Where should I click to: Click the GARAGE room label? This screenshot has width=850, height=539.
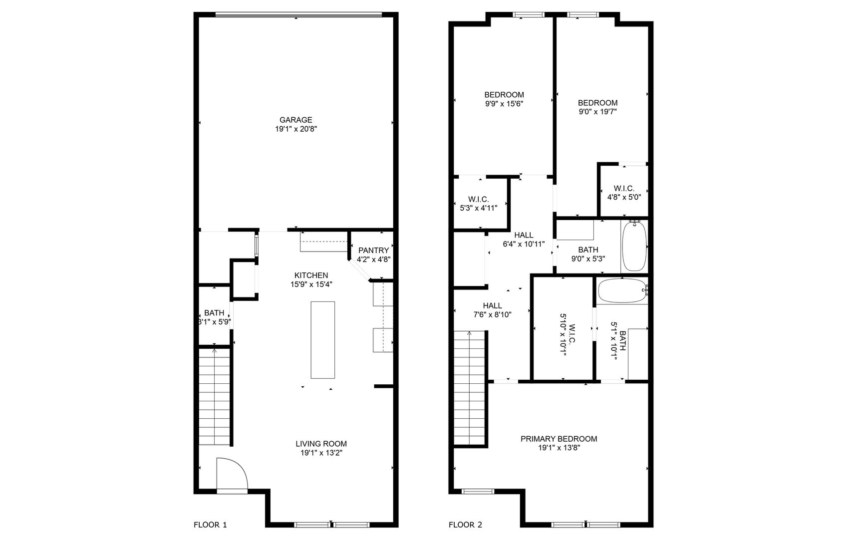click(x=295, y=120)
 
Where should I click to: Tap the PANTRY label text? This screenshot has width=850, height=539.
click(x=373, y=251)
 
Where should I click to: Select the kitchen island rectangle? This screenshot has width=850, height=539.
click(x=323, y=340)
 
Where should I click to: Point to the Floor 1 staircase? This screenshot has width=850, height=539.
click(x=215, y=397)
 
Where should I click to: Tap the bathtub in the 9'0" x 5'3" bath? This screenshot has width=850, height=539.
click(x=634, y=246)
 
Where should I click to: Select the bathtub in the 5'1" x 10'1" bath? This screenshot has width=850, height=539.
click(x=623, y=290)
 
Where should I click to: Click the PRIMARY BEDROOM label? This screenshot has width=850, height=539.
click(x=559, y=439)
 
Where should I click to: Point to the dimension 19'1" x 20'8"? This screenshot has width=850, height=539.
click(x=295, y=129)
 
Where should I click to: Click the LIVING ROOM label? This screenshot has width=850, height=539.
click(x=321, y=444)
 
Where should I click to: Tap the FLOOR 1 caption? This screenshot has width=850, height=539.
click(x=210, y=525)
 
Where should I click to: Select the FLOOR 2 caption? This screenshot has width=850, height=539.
click(x=465, y=525)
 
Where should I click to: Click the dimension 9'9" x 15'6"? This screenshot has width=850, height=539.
click(x=504, y=104)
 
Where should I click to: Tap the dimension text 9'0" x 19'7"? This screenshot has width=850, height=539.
click(x=597, y=112)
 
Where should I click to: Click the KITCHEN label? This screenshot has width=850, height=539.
click(x=311, y=275)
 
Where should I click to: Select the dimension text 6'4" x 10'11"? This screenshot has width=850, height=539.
click(x=524, y=244)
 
